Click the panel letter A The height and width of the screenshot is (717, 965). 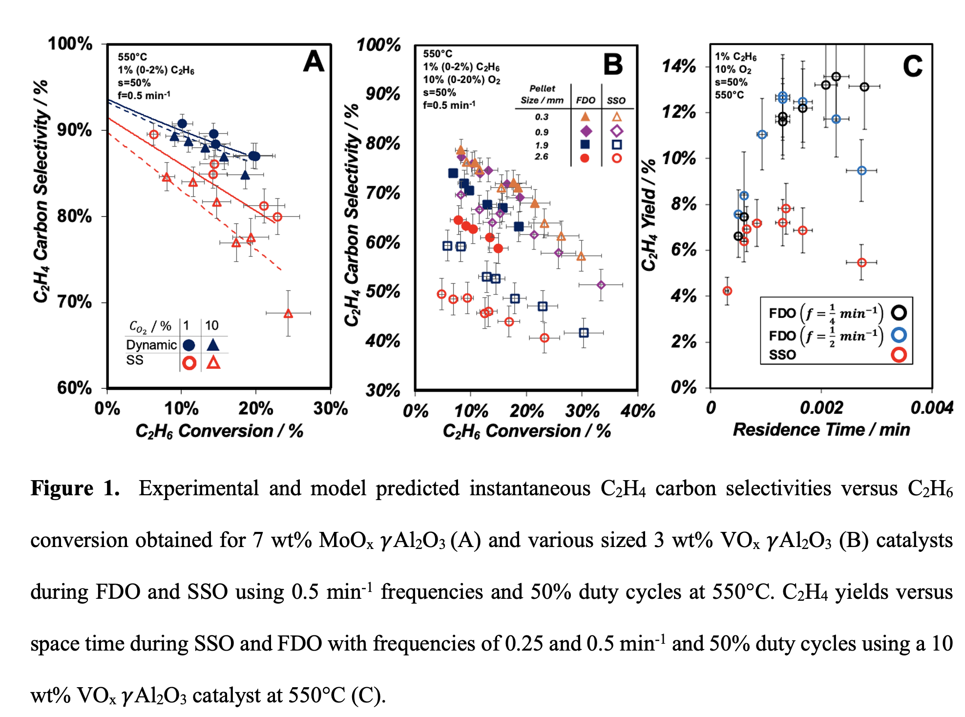[314, 62]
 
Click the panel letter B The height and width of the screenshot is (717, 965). [613, 64]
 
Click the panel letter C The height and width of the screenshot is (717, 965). [912, 66]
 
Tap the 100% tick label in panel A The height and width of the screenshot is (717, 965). [70, 44]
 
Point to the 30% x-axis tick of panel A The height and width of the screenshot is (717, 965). [331, 408]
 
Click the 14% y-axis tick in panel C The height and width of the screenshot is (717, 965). [679, 66]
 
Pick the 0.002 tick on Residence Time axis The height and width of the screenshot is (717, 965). [821, 407]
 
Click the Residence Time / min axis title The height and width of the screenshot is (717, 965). [821, 430]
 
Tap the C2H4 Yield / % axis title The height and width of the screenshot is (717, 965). [649, 215]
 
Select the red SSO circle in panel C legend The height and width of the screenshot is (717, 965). [899, 355]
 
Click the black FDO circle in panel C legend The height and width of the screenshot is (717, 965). [899, 313]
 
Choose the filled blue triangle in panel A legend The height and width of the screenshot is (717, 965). [213, 345]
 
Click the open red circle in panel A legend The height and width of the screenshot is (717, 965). [189, 363]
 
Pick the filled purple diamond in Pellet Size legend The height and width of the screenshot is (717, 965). [586, 131]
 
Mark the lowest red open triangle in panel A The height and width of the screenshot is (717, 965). [288, 314]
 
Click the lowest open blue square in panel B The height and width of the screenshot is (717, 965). [584, 333]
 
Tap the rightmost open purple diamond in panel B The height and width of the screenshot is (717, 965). [601, 285]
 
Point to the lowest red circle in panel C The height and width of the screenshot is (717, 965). [727, 291]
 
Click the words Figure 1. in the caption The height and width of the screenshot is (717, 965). [75, 488]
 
